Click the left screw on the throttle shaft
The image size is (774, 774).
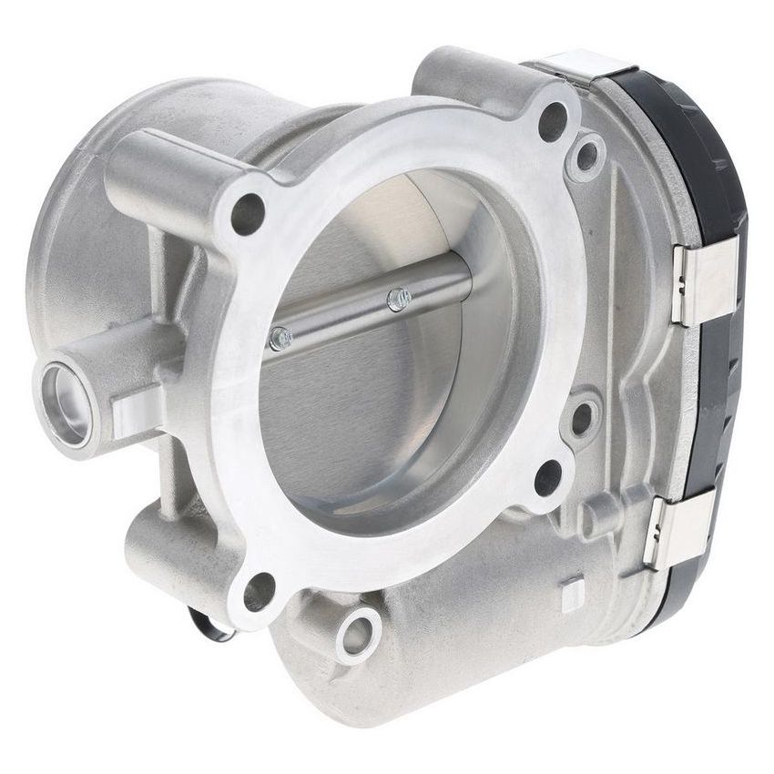pos(281,339)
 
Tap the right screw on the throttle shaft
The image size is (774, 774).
pos(398,298)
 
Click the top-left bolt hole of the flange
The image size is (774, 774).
pos(248,212)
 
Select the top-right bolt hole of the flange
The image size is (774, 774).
pos(553,122)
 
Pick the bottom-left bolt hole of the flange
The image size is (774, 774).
pos(259,592)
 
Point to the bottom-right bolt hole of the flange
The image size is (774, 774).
pos(548,477)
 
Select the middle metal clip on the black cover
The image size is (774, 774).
pos(703,283)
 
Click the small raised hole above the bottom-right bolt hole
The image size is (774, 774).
pos(580,419)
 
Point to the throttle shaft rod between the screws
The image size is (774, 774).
pos(341,318)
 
